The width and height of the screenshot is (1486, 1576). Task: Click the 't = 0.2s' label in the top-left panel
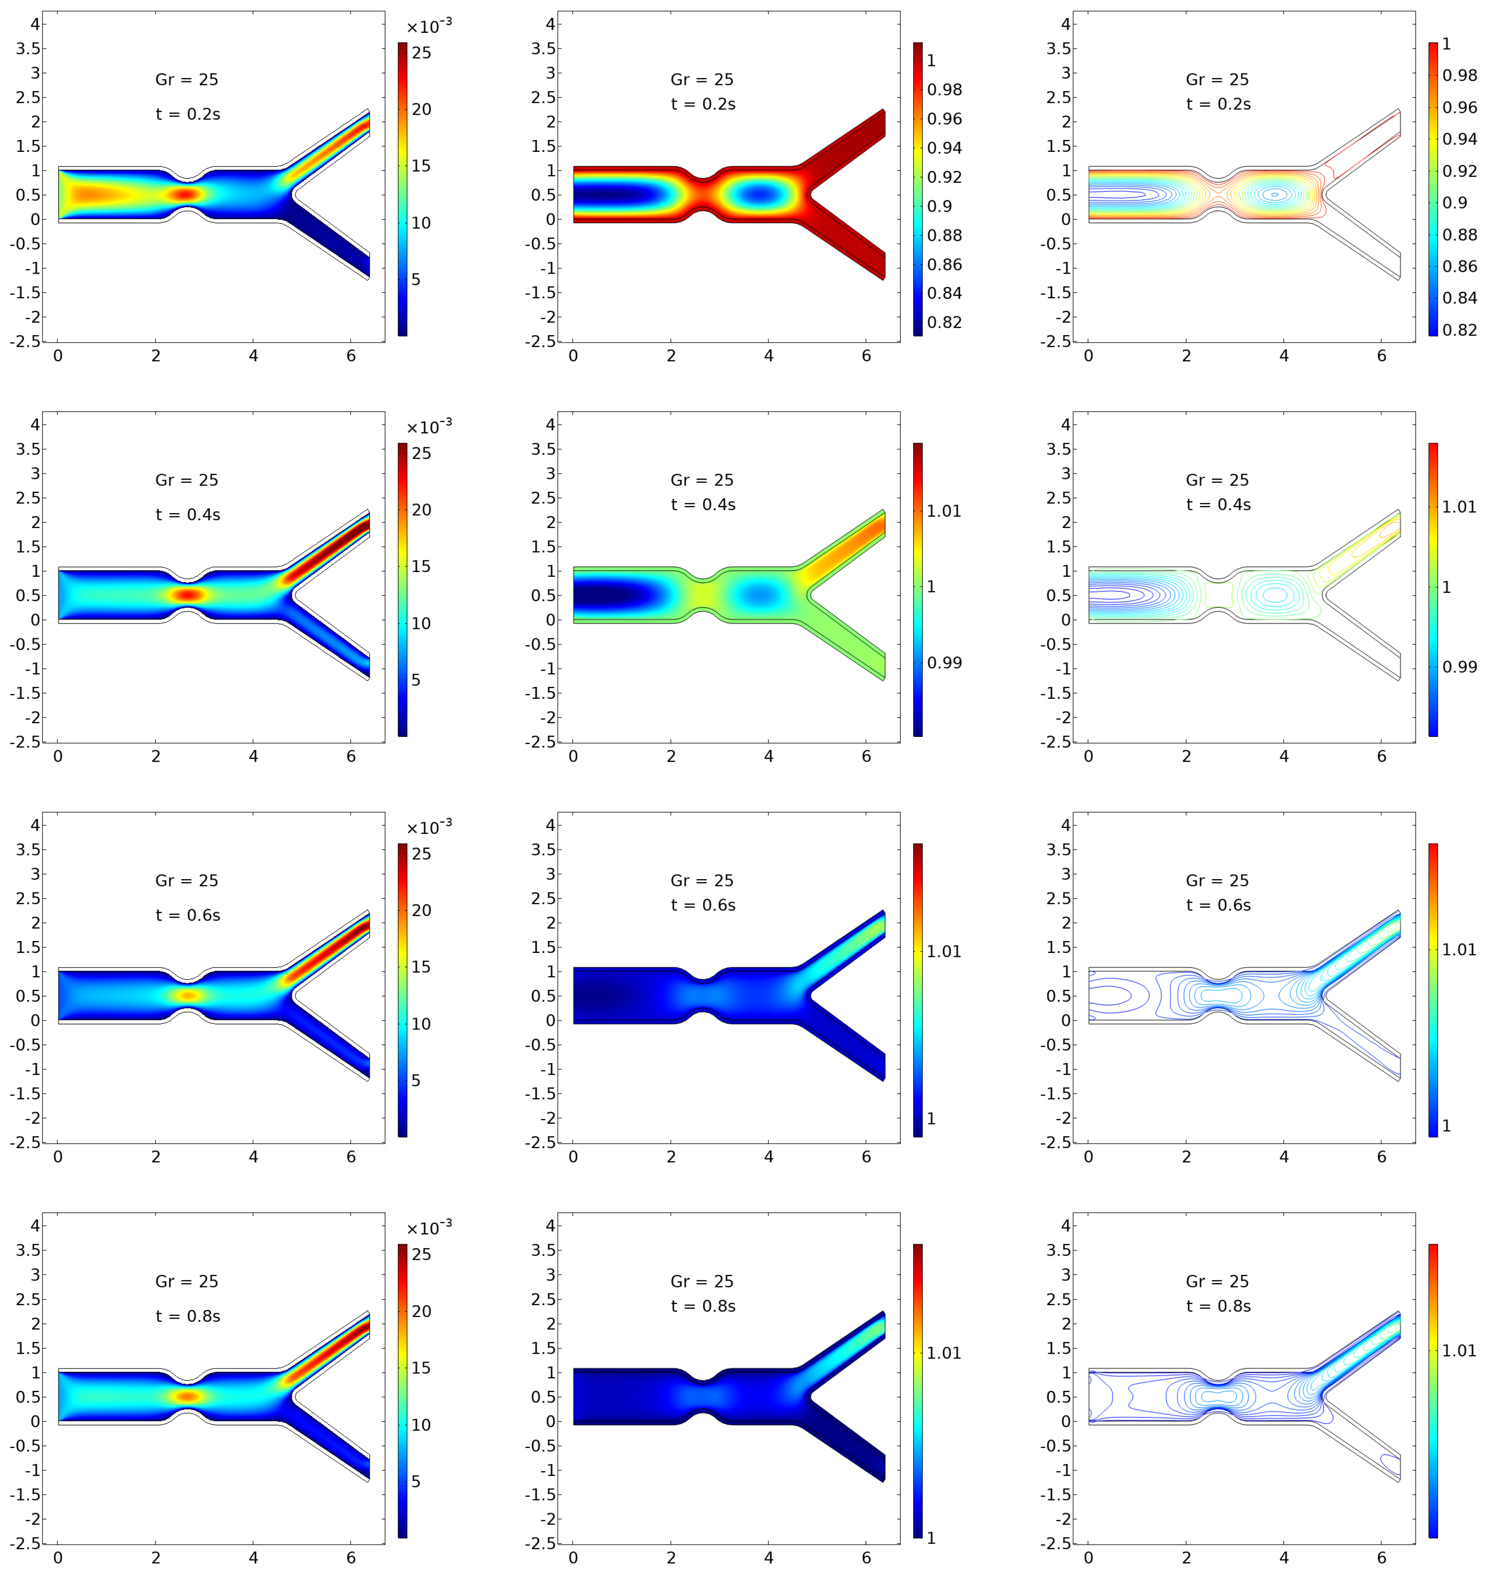point(188,114)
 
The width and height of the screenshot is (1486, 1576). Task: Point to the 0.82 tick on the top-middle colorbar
point(944,322)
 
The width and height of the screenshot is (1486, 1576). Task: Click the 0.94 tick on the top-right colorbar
point(1459,139)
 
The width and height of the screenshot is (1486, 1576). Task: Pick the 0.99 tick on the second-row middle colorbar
point(944,663)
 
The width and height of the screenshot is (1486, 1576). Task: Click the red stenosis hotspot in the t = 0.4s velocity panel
point(188,595)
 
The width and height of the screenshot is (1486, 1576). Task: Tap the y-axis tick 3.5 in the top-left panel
point(27,49)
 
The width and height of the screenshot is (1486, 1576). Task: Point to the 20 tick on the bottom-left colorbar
point(421,1311)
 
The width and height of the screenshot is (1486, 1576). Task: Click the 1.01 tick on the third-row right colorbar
point(1459,949)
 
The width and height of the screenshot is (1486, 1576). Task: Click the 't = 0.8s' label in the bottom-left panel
point(188,1316)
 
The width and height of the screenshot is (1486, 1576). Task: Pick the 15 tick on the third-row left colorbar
point(421,967)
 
